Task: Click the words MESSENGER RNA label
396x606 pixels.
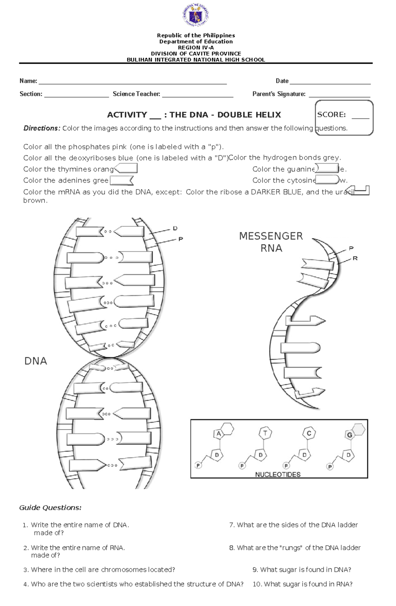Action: click(271, 242)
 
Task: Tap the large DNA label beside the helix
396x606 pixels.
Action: click(36, 361)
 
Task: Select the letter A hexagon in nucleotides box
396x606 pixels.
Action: click(218, 434)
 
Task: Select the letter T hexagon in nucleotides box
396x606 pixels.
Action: click(265, 433)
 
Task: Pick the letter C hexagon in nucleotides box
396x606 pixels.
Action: click(309, 433)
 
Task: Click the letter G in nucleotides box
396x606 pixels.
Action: click(349, 435)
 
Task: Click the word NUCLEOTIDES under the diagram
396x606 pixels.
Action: click(278, 475)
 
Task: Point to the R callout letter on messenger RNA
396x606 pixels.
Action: click(355, 258)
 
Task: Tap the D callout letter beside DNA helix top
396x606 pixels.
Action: click(175, 228)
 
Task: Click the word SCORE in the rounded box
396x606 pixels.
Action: click(331, 115)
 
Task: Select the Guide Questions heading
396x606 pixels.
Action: click(50, 508)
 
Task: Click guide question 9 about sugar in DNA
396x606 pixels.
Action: click(302, 570)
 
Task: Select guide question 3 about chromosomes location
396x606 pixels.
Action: click(99, 570)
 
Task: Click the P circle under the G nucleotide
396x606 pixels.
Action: click(330, 466)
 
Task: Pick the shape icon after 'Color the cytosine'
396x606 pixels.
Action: click(327, 180)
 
